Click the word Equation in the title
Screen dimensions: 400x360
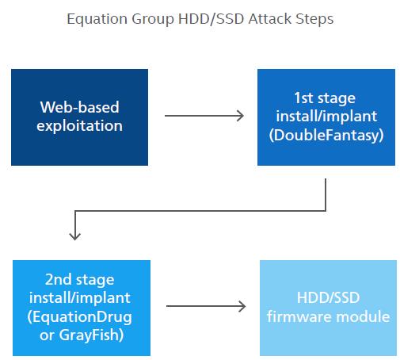pos(97,20)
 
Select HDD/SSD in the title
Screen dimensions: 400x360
pos(211,19)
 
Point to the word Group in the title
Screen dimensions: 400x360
pos(153,20)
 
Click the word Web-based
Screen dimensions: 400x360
pos(79,107)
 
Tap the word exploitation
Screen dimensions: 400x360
pos(79,125)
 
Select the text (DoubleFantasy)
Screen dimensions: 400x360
pos(326,135)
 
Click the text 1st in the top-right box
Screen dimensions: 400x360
pos(303,98)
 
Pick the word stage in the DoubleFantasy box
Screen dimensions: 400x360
pos(337,99)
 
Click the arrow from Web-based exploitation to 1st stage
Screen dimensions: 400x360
pos(204,116)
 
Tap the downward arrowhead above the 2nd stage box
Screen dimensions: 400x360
pos(75,236)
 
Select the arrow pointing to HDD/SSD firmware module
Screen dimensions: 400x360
pos(206,306)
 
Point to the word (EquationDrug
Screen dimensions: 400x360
pos(79,317)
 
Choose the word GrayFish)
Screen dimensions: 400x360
pos(91,335)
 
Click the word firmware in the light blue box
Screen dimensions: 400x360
pos(299,316)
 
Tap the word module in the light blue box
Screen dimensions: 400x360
pos(363,316)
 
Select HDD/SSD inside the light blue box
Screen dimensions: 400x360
pos(328,297)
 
